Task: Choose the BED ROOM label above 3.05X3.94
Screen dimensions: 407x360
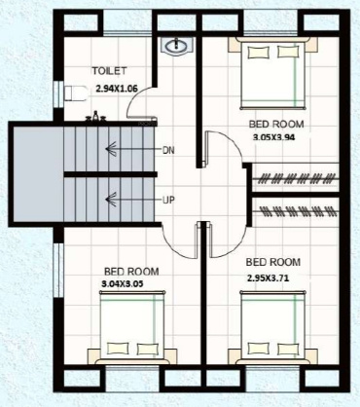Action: point(277,125)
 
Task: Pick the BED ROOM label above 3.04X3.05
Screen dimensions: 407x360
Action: point(132,271)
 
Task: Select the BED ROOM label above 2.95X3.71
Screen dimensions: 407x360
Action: point(273,263)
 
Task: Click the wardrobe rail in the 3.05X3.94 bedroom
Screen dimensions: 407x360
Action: point(298,181)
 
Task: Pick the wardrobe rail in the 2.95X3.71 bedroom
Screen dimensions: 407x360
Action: point(298,208)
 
